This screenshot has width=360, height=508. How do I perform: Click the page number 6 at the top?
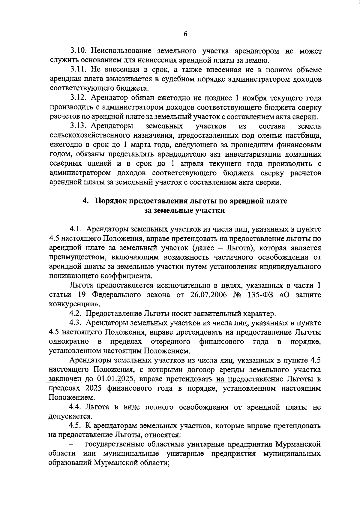tap(185, 34)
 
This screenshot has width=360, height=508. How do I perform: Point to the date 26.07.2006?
tap(208, 295)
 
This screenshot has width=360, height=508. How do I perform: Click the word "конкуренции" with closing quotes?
tap(74, 304)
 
